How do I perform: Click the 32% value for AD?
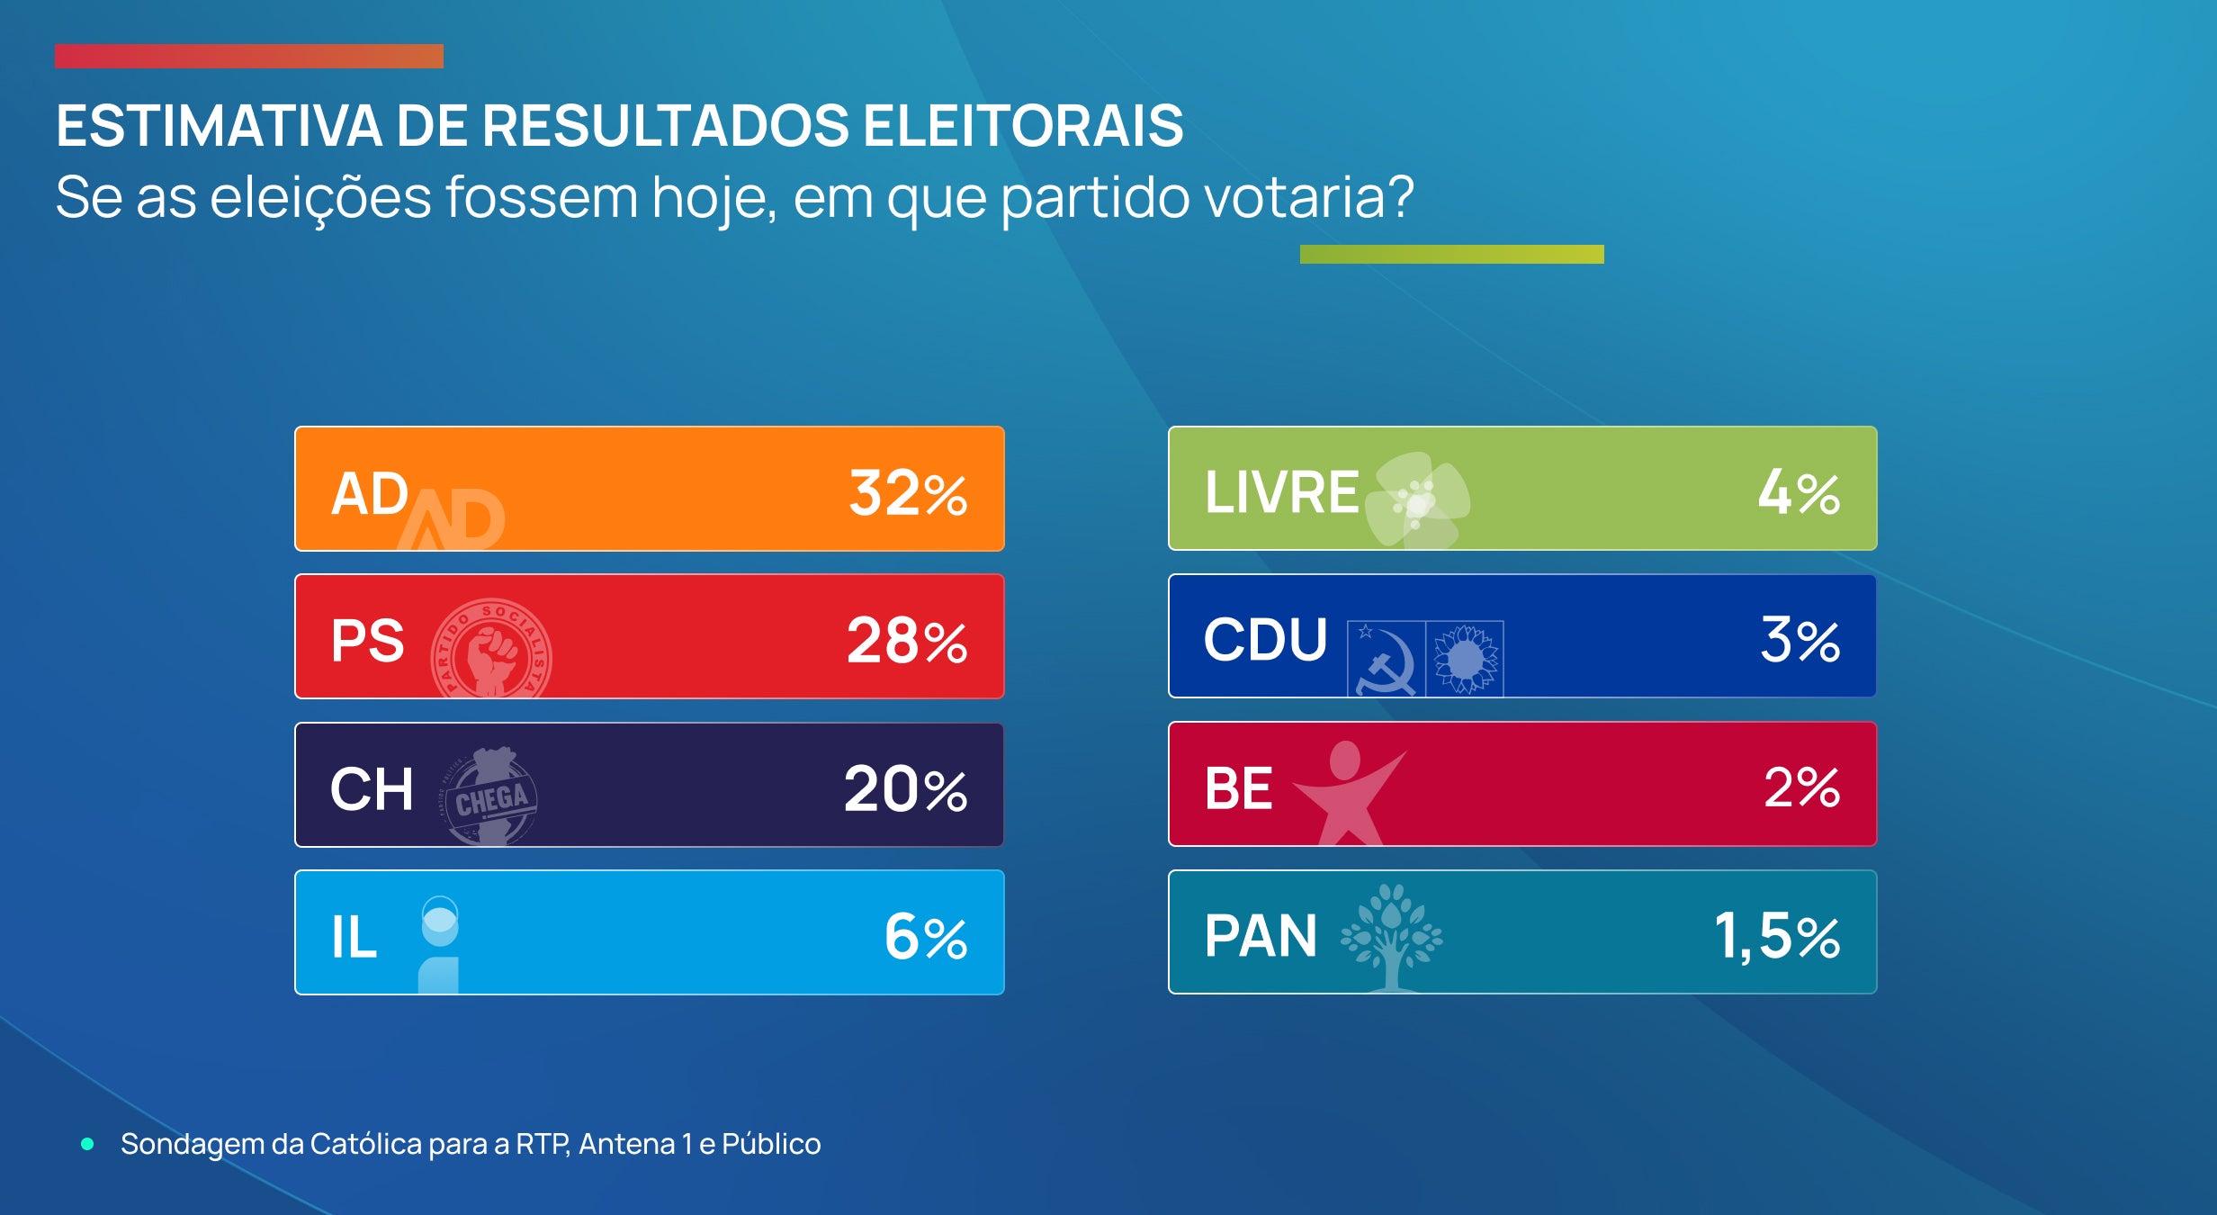click(x=907, y=493)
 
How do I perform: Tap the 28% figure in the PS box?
click(x=906, y=641)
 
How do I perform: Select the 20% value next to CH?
click(x=904, y=789)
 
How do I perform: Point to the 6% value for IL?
click(x=925, y=937)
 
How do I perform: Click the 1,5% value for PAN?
click(x=1776, y=936)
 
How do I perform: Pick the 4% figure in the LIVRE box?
click(x=1799, y=492)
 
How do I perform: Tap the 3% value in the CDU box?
click(x=1800, y=640)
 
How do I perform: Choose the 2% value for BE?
click(x=1801, y=787)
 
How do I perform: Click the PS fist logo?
click(x=491, y=649)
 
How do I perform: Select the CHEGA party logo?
click(x=491, y=796)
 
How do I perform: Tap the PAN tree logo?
click(x=1391, y=936)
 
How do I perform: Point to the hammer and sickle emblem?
click(x=1386, y=659)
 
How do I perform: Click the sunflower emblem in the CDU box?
click(x=1465, y=659)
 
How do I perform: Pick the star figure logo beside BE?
click(x=1346, y=792)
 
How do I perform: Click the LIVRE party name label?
click(x=1281, y=492)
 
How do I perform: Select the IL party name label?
click(x=354, y=937)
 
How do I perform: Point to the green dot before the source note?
click(x=87, y=1144)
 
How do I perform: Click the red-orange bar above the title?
click(x=248, y=56)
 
